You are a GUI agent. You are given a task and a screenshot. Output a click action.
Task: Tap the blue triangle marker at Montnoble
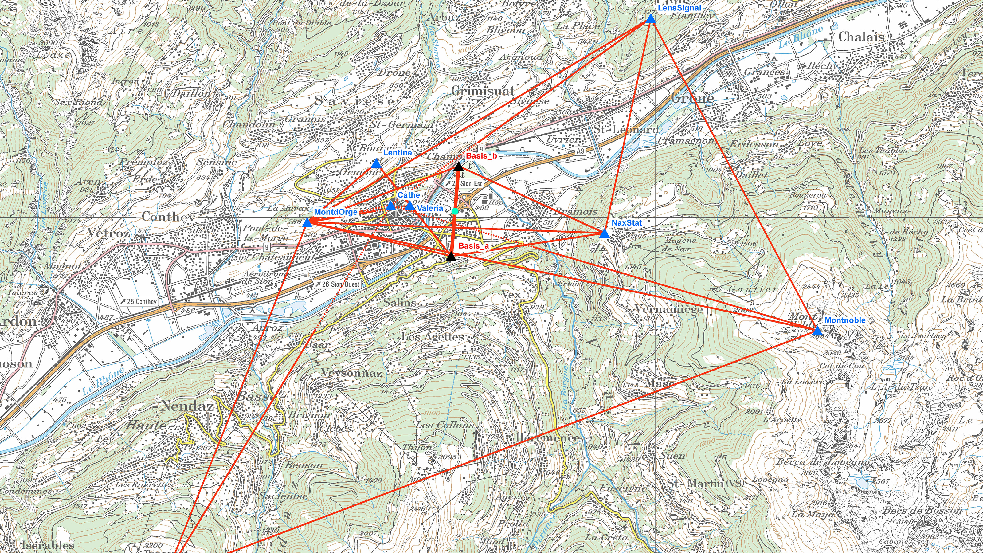pos(816,331)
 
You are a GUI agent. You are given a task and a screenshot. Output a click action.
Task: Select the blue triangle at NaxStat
pos(604,234)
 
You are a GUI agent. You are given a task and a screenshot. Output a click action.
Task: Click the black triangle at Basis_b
pos(459,166)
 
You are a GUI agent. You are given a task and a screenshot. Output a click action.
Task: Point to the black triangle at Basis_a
pos(451,257)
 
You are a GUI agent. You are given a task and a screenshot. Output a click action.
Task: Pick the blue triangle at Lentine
pos(376,164)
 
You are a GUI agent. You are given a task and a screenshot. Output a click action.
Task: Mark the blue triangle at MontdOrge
pos(307,223)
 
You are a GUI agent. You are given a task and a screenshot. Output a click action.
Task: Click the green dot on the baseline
pos(455,211)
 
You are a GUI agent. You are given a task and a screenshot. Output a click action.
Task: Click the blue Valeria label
pos(430,208)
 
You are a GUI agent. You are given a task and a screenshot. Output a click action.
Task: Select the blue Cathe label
pos(408,195)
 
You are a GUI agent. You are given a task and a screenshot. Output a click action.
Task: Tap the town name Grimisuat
pos(482,91)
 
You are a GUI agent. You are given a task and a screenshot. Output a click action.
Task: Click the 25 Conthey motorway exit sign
pos(138,301)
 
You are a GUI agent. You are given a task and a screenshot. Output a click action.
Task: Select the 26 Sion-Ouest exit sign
pos(337,284)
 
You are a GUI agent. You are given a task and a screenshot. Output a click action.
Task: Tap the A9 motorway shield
pos(580,151)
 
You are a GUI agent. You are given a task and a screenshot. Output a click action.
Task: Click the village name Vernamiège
pos(668,309)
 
